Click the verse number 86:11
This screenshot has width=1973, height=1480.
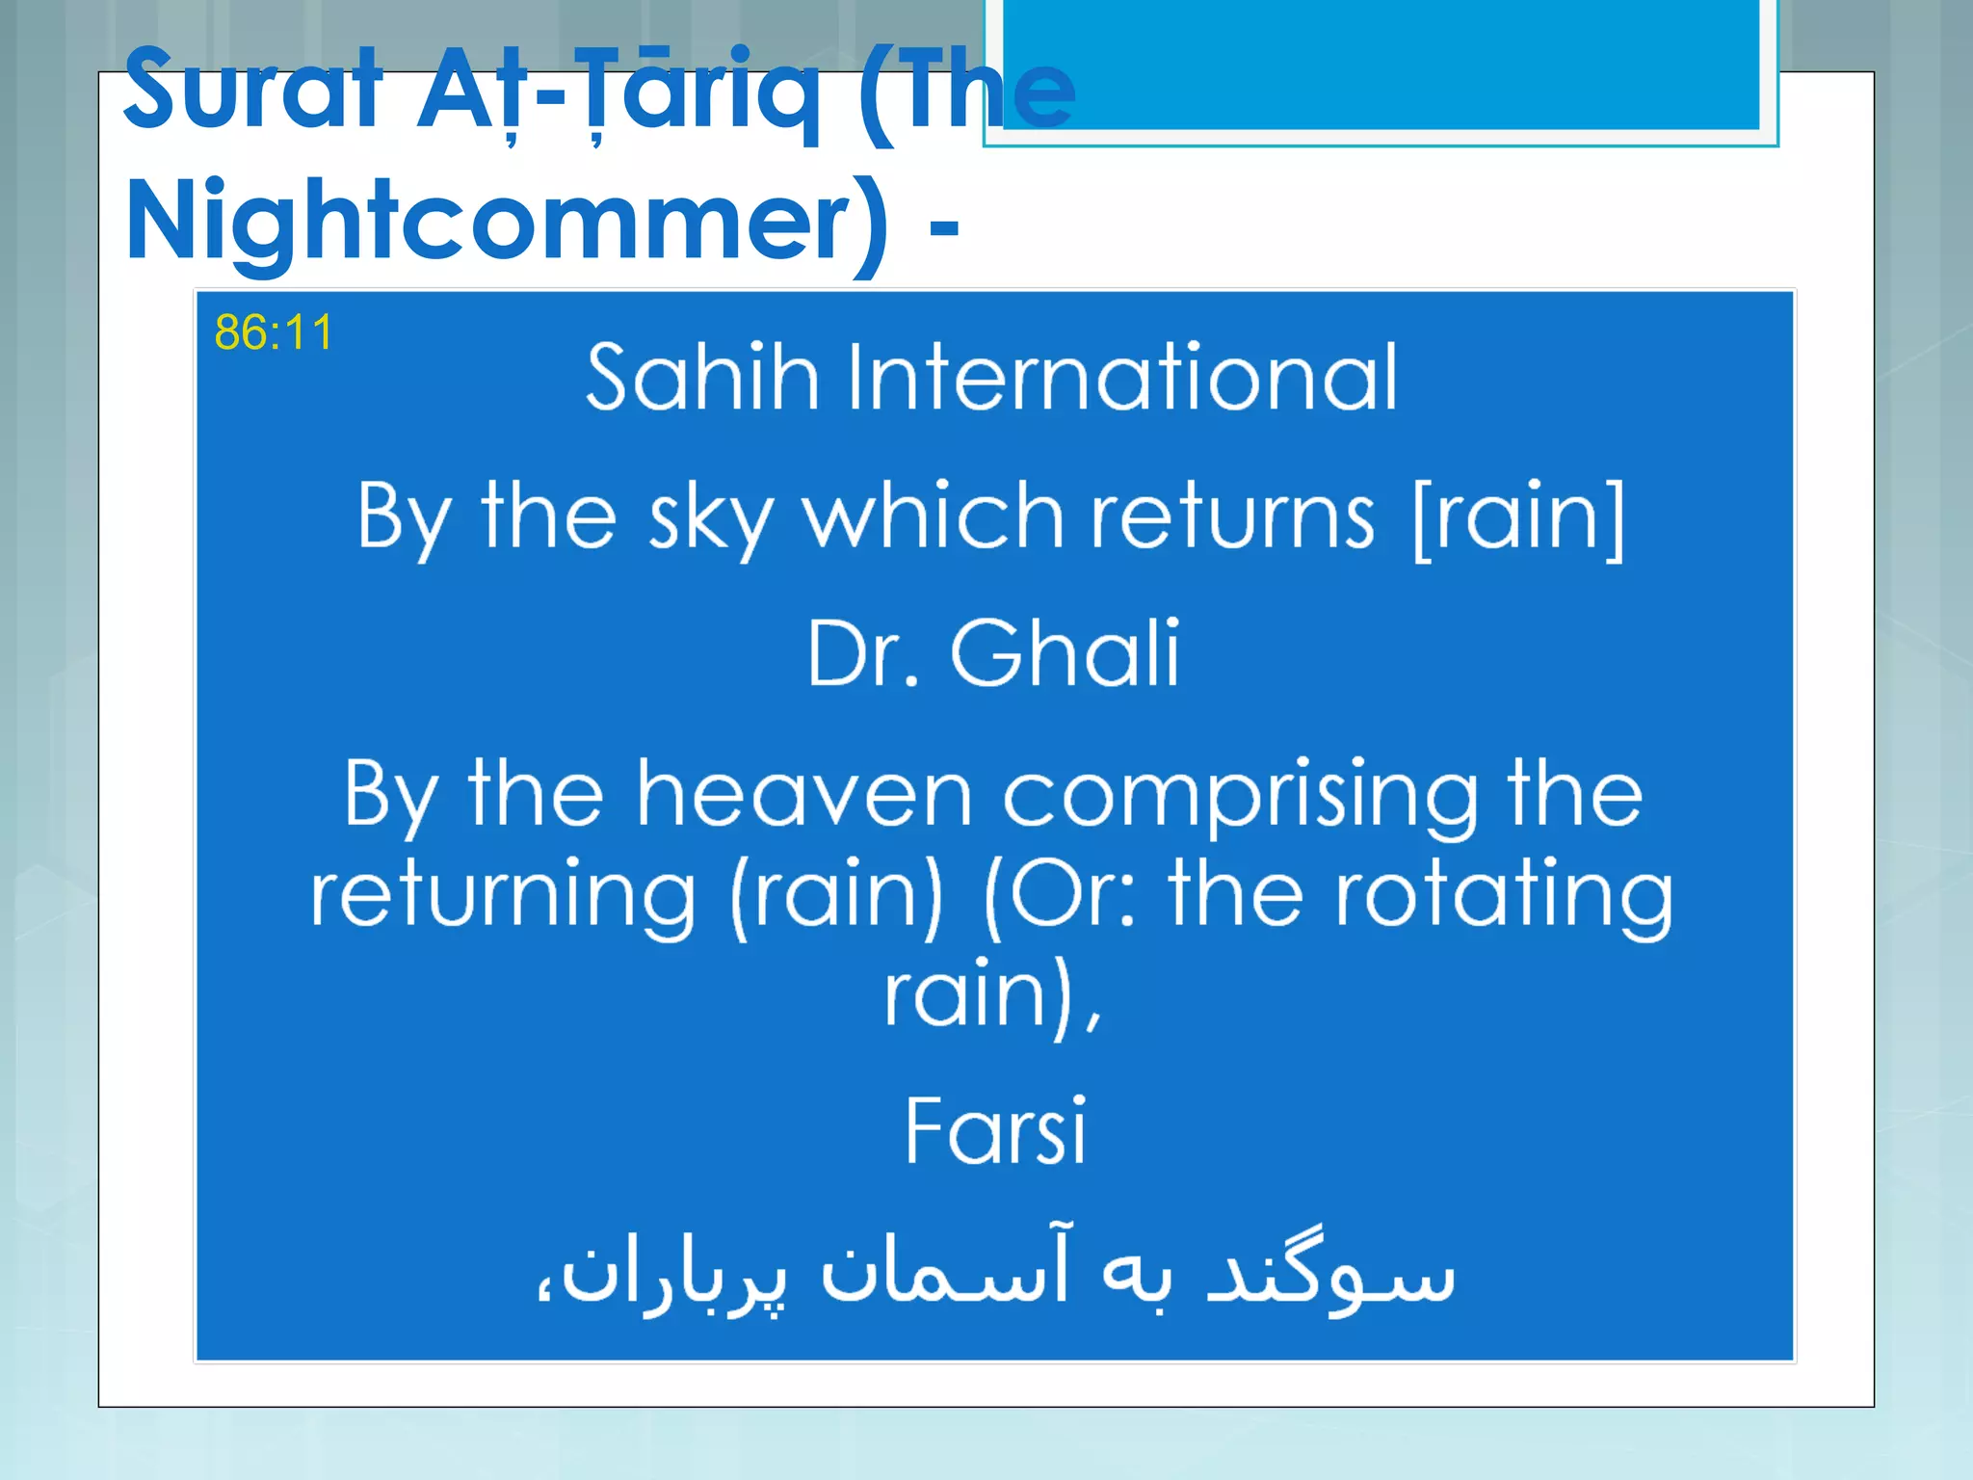274,332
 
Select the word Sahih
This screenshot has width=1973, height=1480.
702,377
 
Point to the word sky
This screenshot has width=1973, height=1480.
710,519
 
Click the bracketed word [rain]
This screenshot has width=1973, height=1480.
1519,517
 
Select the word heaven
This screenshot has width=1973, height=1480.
804,795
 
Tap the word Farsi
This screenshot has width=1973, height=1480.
996,1131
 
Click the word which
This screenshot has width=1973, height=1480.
933,517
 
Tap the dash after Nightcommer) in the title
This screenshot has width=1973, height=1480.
944,229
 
